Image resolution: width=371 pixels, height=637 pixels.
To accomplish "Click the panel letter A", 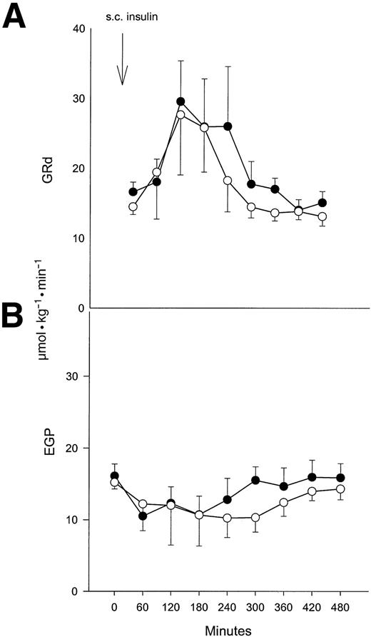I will tap(16, 16).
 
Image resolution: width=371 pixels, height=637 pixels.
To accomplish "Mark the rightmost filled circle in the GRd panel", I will tap(322, 203).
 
